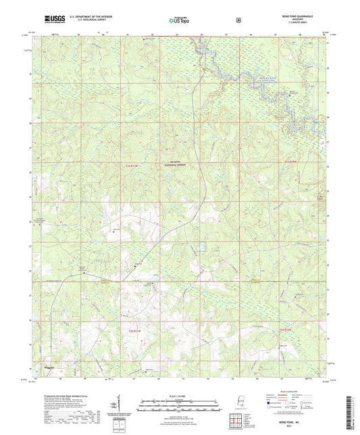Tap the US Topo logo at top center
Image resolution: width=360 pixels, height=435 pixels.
179,21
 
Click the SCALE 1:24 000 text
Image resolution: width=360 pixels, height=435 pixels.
179,396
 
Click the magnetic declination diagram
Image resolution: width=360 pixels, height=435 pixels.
123,407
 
